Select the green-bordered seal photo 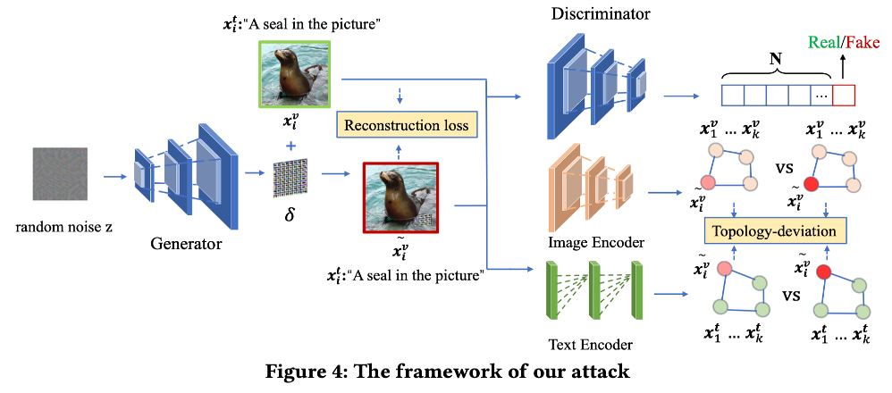pyautogui.click(x=288, y=75)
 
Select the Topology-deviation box pyautogui.click(x=774, y=231)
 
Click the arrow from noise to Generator pyautogui.click(x=112, y=177)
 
